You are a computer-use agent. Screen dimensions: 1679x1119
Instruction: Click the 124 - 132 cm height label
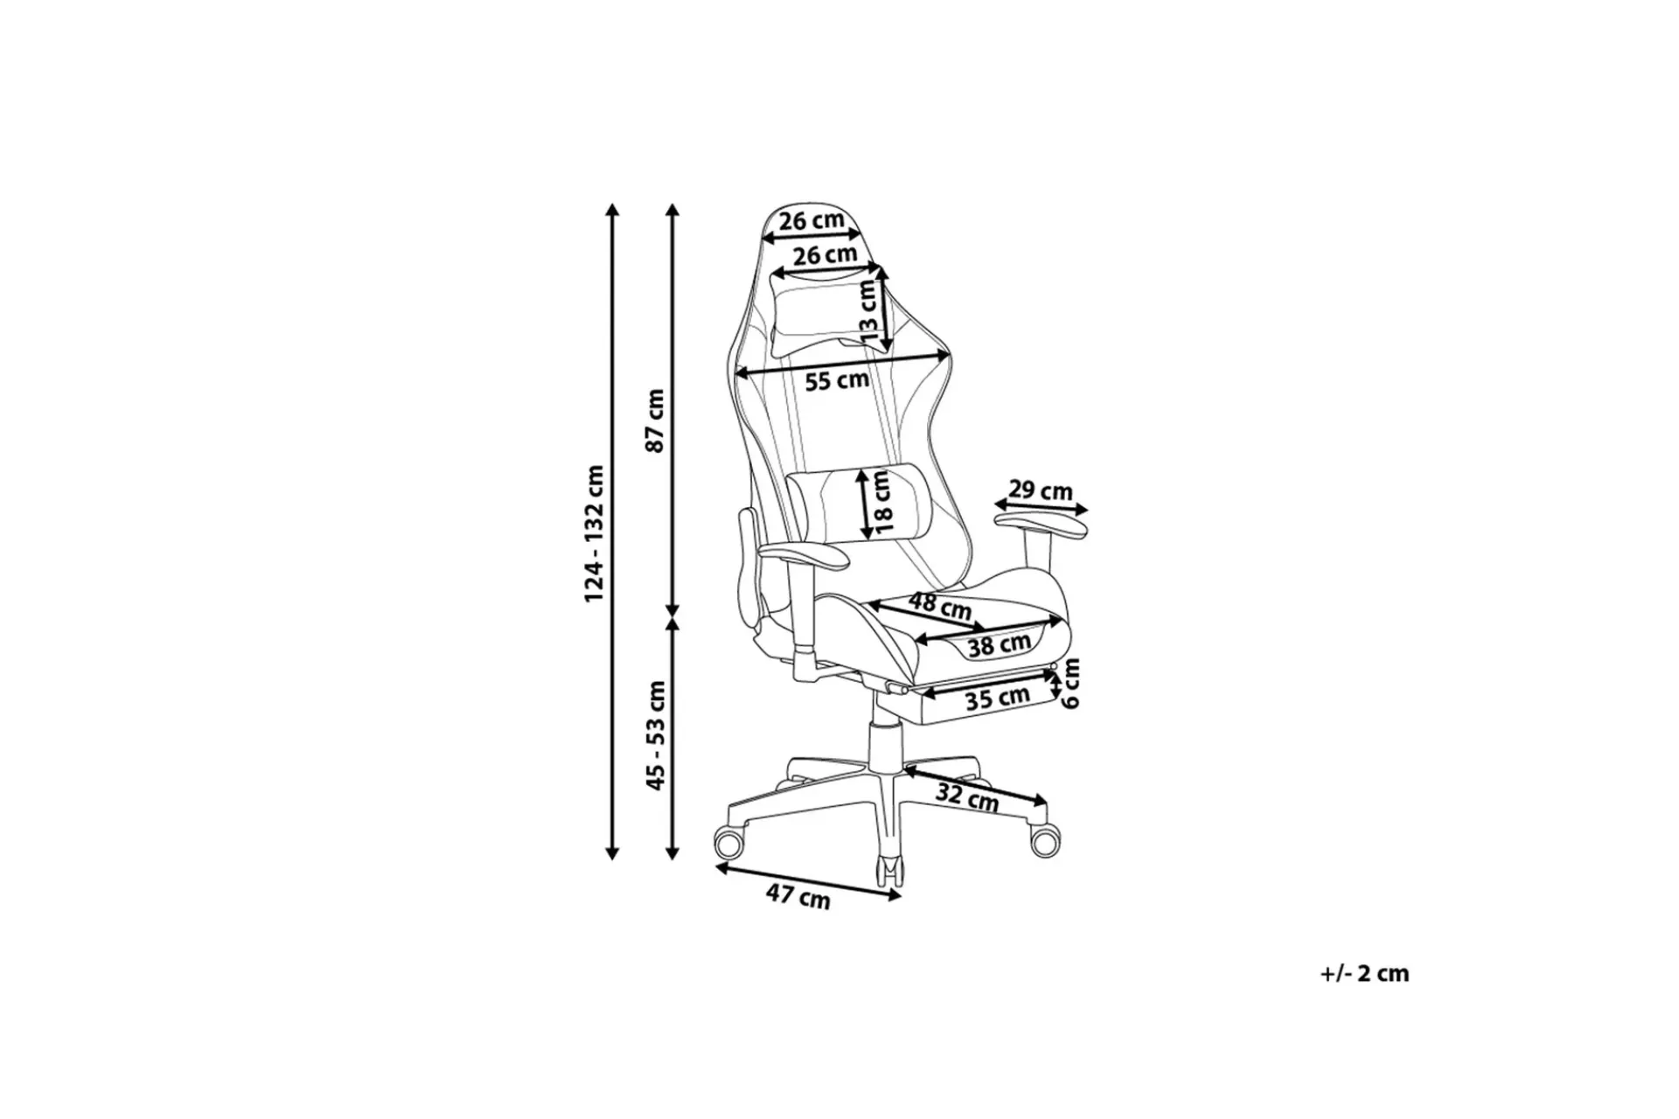pyautogui.click(x=594, y=533)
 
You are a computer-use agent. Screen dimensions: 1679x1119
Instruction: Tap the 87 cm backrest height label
pyautogui.click(x=655, y=420)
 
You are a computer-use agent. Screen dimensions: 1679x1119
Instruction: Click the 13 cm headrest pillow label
pyautogui.click(x=868, y=311)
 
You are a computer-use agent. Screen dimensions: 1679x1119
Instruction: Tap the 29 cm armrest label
pyautogui.click(x=1041, y=490)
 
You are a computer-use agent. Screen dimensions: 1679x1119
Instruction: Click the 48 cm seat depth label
pyautogui.click(x=940, y=605)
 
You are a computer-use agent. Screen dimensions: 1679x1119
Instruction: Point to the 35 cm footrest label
pyautogui.click(x=997, y=699)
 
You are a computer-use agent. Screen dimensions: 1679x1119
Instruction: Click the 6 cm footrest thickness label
pyautogui.click(x=1071, y=684)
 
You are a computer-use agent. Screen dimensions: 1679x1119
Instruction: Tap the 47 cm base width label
pyautogui.click(x=798, y=895)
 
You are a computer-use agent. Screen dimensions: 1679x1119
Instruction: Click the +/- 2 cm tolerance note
pyautogui.click(x=1364, y=974)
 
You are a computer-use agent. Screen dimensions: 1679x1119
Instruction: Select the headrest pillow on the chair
pyautogui.click(x=812, y=316)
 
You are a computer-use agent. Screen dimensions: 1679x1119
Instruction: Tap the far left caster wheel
pyautogui.click(x=730, y=844)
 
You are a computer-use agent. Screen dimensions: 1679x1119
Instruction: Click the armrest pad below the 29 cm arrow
pyautogui.click(x=1041, y=526)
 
